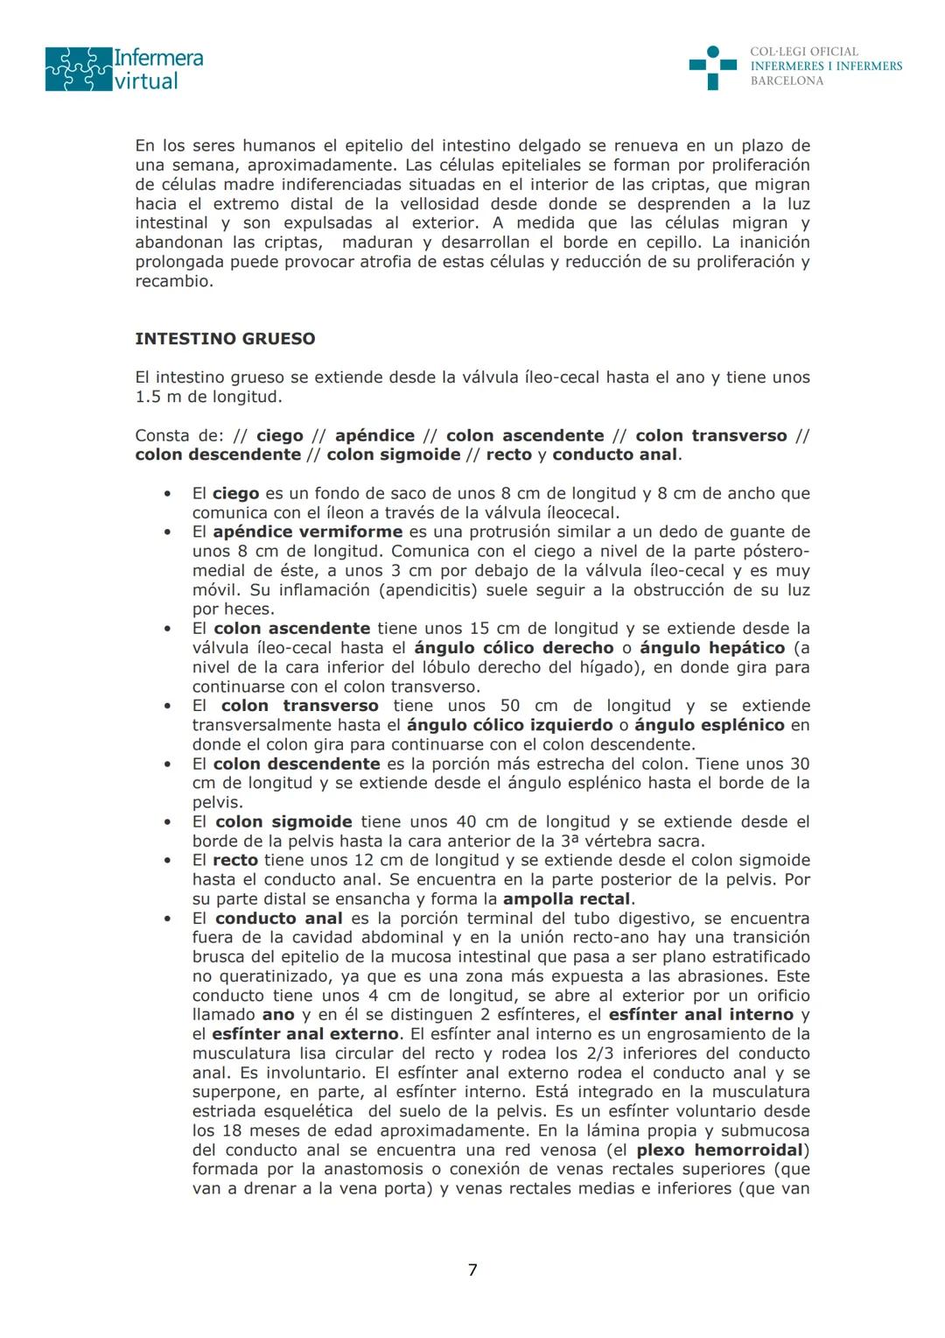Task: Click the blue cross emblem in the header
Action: click(712, 67)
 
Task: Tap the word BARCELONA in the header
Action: click(787, 81)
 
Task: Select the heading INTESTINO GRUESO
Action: click(225, 339)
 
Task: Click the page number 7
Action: click(472, 1270)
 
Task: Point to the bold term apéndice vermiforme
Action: click(307, 532)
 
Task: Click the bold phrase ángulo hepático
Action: click(712, 648)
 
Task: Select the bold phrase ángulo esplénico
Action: click(709, 725)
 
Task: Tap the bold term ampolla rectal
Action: click(567, 899)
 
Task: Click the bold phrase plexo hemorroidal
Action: click(719, 1150)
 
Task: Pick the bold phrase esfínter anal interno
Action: click(701, 1015)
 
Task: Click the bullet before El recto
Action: click(167, 861)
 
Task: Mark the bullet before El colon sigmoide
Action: click(167, 822)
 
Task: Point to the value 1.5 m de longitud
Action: click(208, 397)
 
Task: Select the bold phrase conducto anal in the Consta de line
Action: click(614, 454)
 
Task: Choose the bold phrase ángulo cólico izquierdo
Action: click(510, 725)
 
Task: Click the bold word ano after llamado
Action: click(278, 1015)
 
